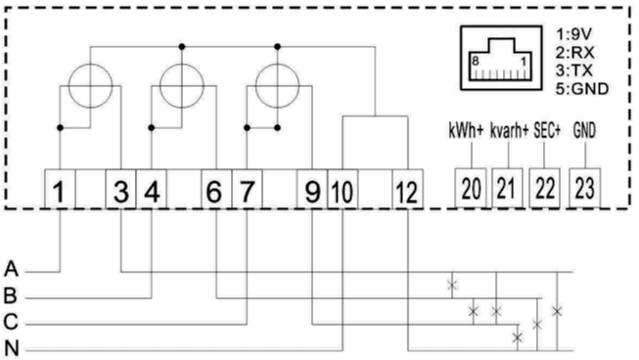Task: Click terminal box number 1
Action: tap(60, 190)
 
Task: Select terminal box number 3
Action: tap(120, 190)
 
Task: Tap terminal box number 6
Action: tap(216, 190)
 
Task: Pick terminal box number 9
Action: tap(312, 190)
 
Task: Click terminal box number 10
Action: tap(342, 190)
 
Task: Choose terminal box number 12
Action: tap(407, 190)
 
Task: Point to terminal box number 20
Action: tap(471, 188)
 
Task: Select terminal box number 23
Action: tap(585, 188)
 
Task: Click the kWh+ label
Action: tap(466, 131)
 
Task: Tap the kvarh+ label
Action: tap(509, 131)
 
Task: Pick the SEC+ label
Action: tap(547, 131)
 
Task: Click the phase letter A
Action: tap(11, 269)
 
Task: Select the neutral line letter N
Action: tap(12, 348)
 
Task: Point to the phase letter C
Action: tap(11, 322)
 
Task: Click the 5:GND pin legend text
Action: tap(582, 89)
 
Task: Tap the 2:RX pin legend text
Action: tap(574, 53)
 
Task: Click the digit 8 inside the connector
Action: tap(476, 62)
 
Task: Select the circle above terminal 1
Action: tap(90, 65)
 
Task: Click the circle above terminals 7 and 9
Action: tap(277, 65)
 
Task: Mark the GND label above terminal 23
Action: tap(584, 131)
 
